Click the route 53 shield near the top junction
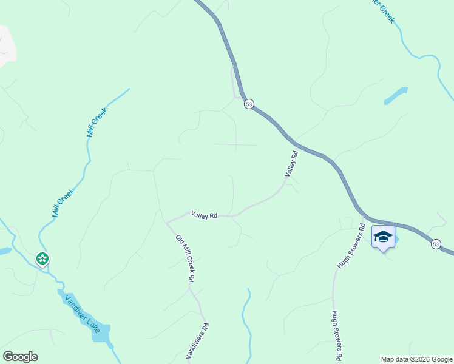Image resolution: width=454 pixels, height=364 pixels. (x=249, y=104)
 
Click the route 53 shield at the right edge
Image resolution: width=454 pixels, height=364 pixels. (x=436, y=244)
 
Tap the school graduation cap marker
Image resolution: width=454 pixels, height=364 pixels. (x=383, y=237)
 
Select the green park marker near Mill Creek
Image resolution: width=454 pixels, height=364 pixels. (x=42, y=259)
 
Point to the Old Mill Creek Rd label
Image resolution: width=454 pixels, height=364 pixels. (x=185, y=258)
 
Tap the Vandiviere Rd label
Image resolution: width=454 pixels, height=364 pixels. (x=206, y=342)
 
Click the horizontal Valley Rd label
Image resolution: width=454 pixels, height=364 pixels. (x=204, y=214)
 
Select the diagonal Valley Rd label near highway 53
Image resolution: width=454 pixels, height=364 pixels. (x=291, y=164)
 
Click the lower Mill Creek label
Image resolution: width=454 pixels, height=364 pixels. (x=63, y=203)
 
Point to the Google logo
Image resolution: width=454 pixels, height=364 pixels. (x=20, y=357)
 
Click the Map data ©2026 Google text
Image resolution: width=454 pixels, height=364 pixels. (x=417, y=359)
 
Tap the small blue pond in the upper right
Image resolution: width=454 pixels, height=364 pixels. (x=395, y=95)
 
